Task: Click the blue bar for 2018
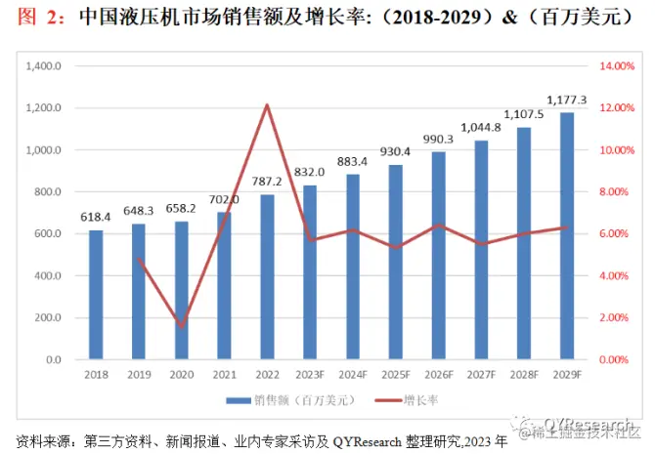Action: pos(96,294)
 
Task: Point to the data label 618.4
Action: pos(96,218)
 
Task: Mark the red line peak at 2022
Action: pos(267,105)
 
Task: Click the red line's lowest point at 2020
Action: pos(182,326)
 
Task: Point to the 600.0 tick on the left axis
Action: pos(48,234)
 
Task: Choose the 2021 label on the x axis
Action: pos(224,375)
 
